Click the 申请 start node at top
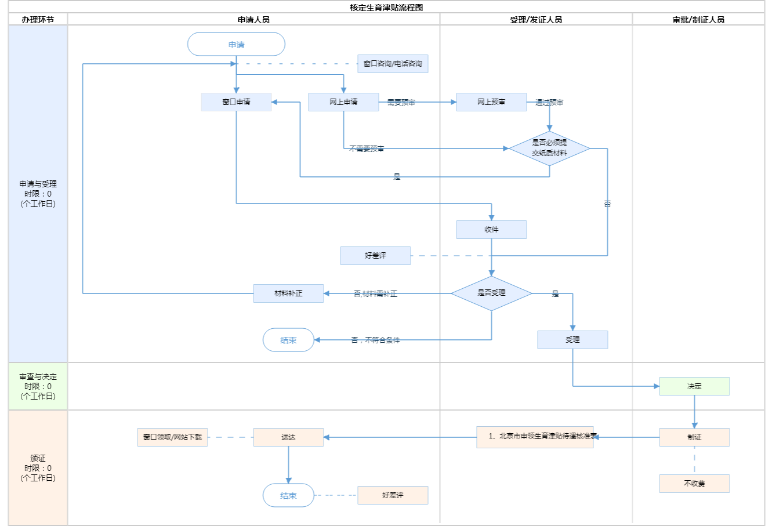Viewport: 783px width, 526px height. click(236, 45)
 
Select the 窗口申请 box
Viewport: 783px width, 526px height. click(236, 102)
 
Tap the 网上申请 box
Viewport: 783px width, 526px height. click(343, 102)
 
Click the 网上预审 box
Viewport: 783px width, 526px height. click(491, 102)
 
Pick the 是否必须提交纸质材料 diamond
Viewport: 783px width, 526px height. click(549, 148)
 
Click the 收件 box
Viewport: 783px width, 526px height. click(491, 230)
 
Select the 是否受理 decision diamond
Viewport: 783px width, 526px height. click(491, 293)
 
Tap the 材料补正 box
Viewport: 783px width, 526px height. click(288, 293)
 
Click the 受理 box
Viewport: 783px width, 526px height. click(572, 340)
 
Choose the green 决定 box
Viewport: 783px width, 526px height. click(694, 386)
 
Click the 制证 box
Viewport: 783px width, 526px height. click(694, 437)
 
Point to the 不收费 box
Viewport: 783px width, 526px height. click(694, 484)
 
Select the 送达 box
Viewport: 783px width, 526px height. click(288, 437)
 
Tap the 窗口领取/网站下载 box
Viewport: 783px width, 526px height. click(172, 437)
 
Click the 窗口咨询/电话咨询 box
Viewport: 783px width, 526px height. click(393, 64)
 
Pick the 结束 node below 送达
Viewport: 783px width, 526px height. click(288, 496)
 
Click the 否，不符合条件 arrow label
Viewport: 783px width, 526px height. click(375, 340)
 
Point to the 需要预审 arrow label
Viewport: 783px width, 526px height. click(401, 103)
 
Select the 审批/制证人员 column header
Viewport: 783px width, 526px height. click(698, 20)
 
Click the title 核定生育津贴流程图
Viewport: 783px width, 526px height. click(386, 8)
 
